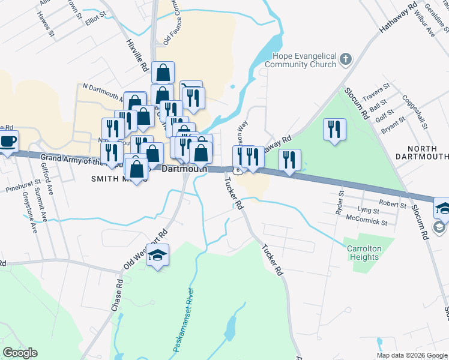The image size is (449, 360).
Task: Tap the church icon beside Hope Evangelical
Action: pyautogui.click(x=345, y=59)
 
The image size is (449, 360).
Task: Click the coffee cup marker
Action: pyautogui.click(x=8, y=142)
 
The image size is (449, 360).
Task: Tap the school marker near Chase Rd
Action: pyautogui.click(x=157, y=256)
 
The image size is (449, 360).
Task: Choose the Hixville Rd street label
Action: pyautogui.click(x=138, y=56)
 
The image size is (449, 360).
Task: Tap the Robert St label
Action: pyautogui.click(x=393, y=204)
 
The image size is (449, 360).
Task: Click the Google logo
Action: pyautogui.click(x=20, y=353)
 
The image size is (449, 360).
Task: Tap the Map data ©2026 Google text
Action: pyautogui.click(x=412, y=355)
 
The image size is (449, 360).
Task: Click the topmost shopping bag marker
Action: pyautogui.click(x=163, y=73)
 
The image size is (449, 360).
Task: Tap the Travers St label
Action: pyautogui.click(x=376, y=95)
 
